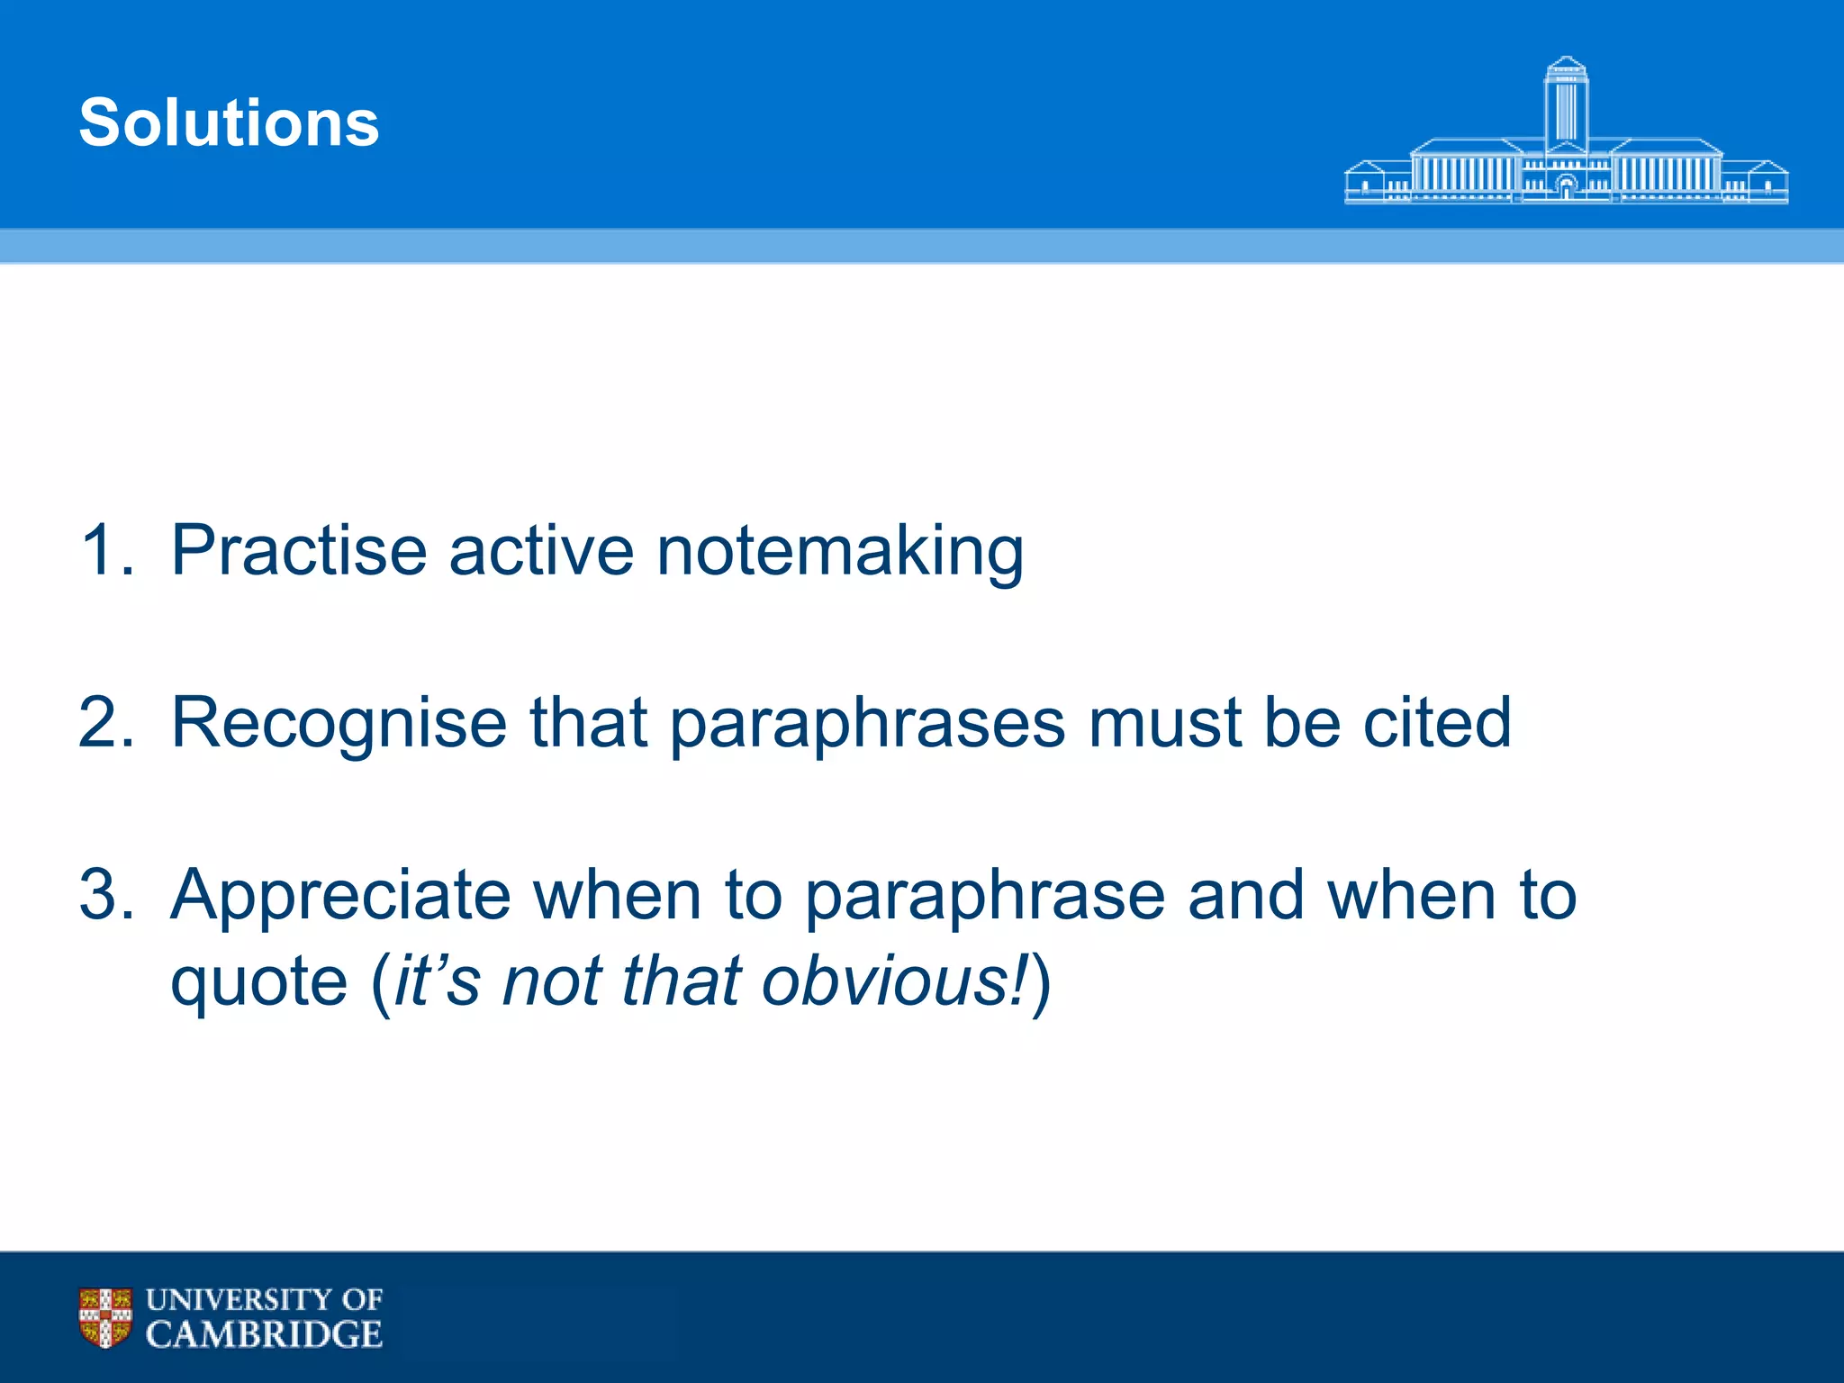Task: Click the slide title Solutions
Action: tap(229, 122)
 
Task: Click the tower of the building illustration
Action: tap(1566, 104)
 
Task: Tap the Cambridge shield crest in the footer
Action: tap(105, 1317)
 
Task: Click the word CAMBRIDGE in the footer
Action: tap(264, 1334)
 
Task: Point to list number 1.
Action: tap(105, 550)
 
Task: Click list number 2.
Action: tap(105, 722)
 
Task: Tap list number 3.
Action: tap(105, 895)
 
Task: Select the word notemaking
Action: tap(840, 552)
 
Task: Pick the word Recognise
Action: tap(339, 724)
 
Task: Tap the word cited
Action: tap(1437, 722)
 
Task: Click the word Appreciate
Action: tap(341, 897)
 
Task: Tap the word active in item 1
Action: tap(541, 550)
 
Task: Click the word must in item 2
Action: tap(1165, 724)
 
